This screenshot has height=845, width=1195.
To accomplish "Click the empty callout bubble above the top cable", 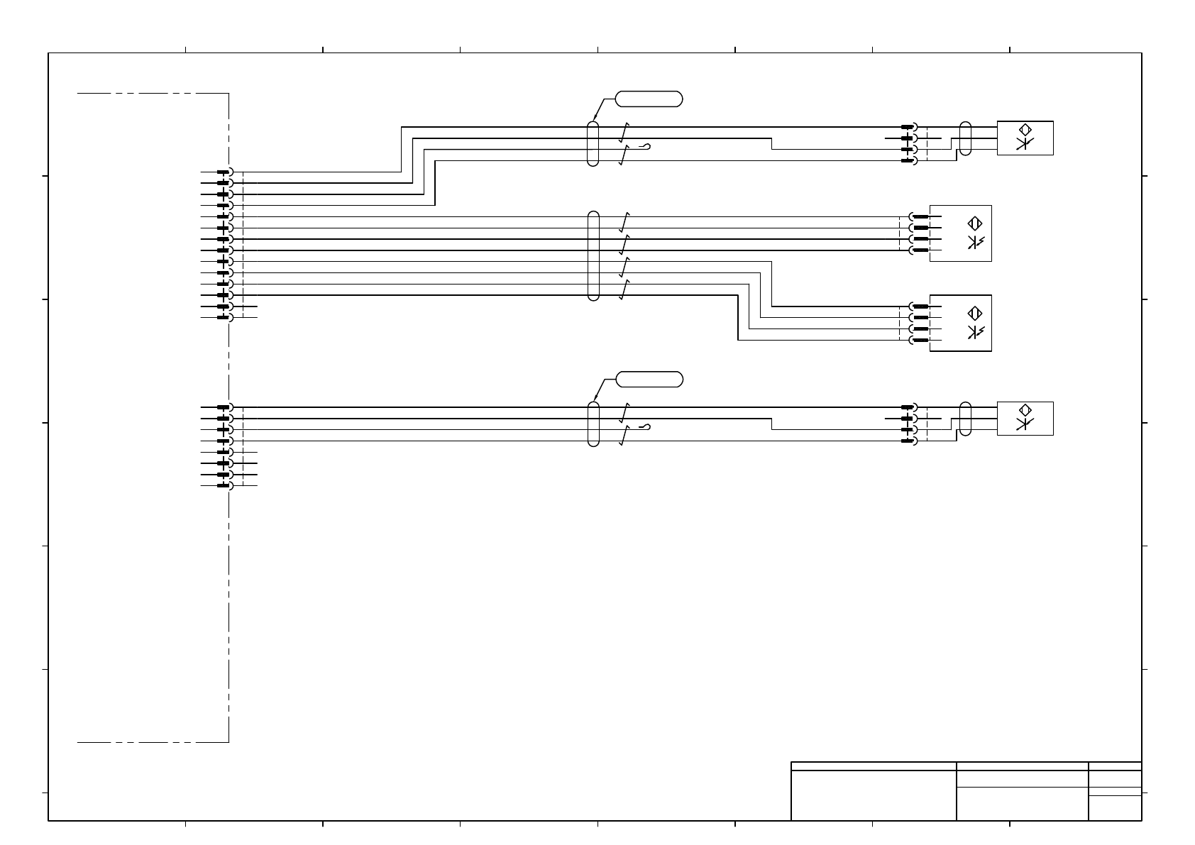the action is pos(649,99).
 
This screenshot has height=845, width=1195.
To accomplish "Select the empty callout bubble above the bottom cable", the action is pos(649,380).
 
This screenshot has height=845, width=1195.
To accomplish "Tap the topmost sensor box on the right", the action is pos(1025,138).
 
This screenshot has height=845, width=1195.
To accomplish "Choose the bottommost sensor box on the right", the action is pos(1025,419).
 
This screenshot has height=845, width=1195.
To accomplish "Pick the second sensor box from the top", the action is pos(960,233).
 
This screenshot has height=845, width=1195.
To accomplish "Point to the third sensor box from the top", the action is pos(960,323).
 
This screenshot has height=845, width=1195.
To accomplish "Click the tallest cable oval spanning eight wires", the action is pos(594,255).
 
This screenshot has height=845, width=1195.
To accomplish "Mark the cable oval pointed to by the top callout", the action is pos(593,144).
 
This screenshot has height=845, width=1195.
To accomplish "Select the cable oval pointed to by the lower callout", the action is pos(594,424).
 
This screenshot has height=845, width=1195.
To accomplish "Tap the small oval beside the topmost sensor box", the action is pos(965,138).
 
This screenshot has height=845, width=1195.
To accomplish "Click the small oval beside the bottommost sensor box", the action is pos(965,419).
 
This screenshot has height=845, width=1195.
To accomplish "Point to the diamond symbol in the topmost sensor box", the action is pos(1025,130).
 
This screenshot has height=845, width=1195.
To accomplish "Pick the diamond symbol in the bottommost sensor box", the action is pos(1025,411).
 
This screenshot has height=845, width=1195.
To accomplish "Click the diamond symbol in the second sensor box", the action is pos(974,223).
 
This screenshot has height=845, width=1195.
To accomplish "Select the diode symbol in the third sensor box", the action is pos(976,332).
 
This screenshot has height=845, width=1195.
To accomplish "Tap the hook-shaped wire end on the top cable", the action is pos(644,147).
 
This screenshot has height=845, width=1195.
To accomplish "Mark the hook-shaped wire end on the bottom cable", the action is pos(644,427).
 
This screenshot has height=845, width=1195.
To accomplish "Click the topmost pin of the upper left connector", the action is pos(224,172).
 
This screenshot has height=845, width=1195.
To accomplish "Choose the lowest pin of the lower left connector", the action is pos(224,486).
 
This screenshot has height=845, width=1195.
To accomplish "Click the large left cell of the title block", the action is pos(873,795).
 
